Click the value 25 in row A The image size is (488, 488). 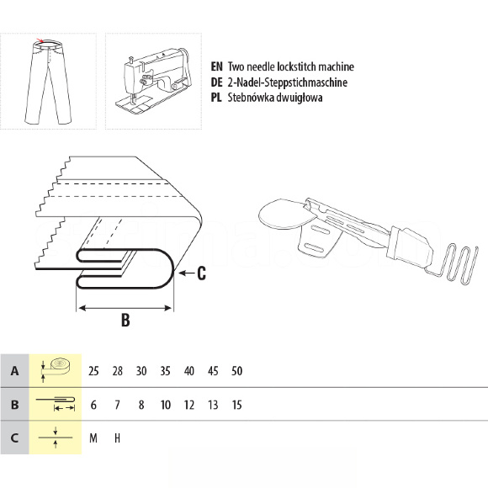coord(93,371)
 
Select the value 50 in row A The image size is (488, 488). coord(236,371)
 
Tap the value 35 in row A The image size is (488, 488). coord(165,371)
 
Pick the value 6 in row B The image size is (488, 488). coord(93,405)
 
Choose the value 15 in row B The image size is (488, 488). coord(236,405)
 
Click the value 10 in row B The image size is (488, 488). coord(165,405)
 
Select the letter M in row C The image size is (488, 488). coord(93,438)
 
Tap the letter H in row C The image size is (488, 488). coord(117,438)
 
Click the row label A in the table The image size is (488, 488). coord(14,371)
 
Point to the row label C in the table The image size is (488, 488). coord(14,438)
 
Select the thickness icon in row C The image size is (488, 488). coord(56,438)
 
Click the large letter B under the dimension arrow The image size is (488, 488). coord(125,320)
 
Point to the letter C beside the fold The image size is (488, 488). coord(201,273)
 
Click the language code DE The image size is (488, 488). coord(216,82)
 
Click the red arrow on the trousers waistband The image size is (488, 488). coord(40,40)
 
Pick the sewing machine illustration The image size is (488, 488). coord(152,82)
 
